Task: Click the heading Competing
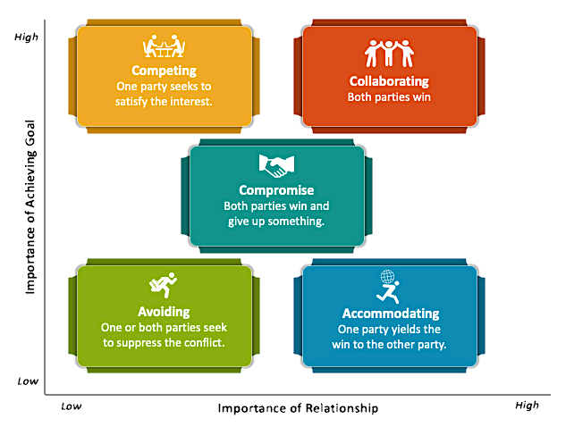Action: [x=164, y=71]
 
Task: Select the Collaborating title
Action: [x=389, y=81]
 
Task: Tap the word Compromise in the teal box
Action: [x=276, y=190]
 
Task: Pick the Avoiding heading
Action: [x=164, y=312]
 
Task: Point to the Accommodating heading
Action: [x=391, y=314]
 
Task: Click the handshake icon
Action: [x=276, y=166]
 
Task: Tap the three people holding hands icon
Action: [x=389, y=54]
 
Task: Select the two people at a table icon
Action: [x=164, y=46]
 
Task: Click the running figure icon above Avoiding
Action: [x=164, y=285]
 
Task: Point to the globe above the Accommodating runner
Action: [x=387, y=277]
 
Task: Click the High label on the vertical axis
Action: [x=26, y=37]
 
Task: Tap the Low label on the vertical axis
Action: [x=28, y=381]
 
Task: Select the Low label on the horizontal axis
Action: [x=71, y=406]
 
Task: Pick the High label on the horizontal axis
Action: [x=527, y=405]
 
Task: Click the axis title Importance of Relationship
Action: [x=298, y=408]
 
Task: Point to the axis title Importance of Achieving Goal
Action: [x=30, y=207]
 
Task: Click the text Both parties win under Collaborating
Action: [x=389, y=97]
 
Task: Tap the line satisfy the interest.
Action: [x=164, y=101]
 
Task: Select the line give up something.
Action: [x=276, y=222]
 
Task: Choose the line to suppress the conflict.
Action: [x=164, y=343]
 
